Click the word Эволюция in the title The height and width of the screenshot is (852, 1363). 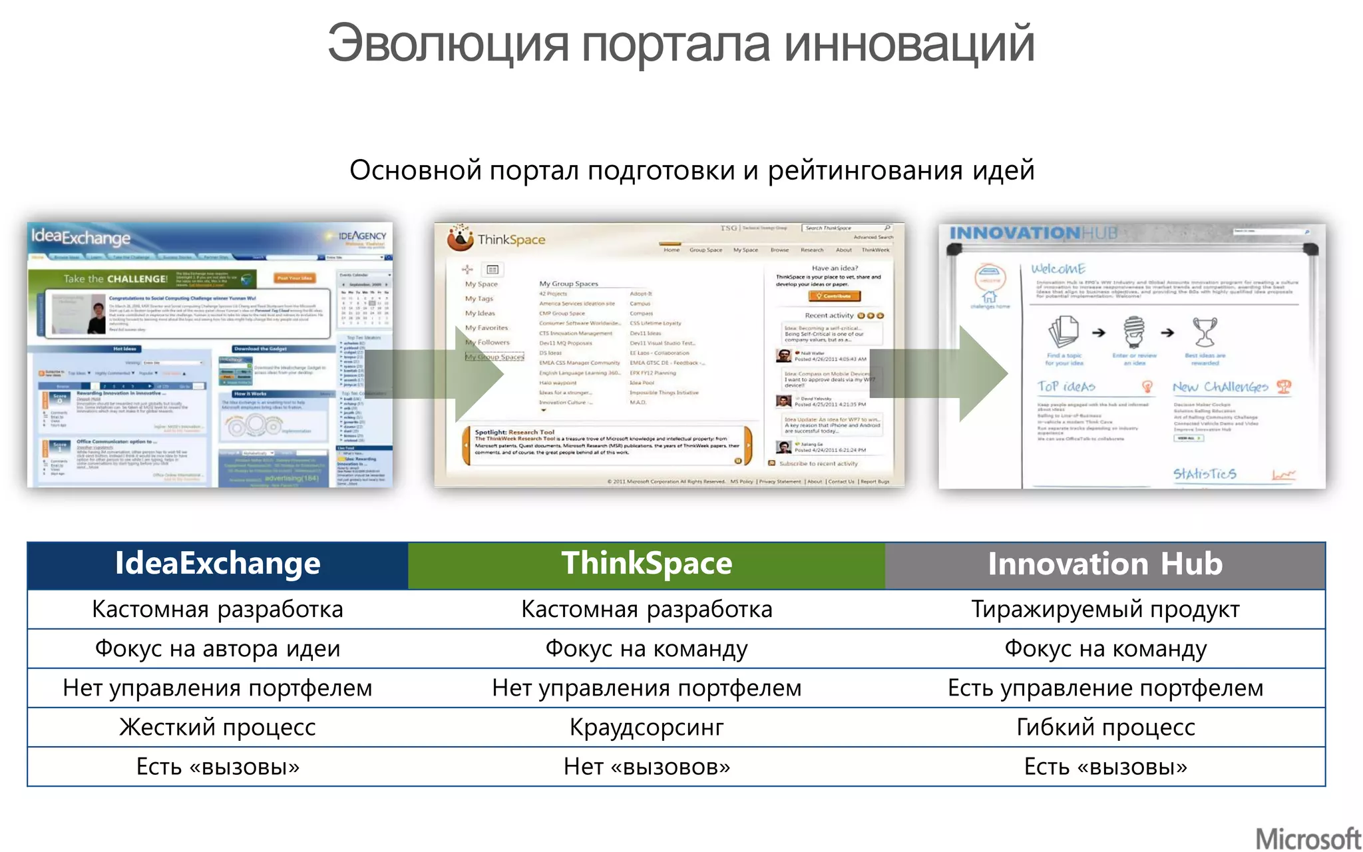pos(447,44)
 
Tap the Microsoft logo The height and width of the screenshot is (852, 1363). pos(1308,838)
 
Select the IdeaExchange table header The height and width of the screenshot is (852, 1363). pos(218,564)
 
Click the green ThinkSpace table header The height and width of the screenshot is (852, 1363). pos(646,564)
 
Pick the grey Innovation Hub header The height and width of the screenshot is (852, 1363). pos(1105,564)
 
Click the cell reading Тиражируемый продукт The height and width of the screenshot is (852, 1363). pos(1105,610)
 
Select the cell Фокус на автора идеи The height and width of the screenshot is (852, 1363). pos(218,649)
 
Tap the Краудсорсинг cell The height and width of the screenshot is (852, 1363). pos(646,728)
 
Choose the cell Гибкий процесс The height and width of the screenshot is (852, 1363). pos(1105,728)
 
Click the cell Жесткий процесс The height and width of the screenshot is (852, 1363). pos(218,728)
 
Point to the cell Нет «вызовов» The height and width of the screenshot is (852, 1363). pos(646,767)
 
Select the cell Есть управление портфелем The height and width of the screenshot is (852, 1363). pos(1105,688)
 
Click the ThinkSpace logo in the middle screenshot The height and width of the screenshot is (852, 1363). pos(497,240)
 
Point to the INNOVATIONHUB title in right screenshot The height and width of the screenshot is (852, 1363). pos(1033,233)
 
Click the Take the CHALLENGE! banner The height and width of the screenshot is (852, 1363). pos(116,279)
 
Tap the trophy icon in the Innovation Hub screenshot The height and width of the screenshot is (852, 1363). pos(1205,331)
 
